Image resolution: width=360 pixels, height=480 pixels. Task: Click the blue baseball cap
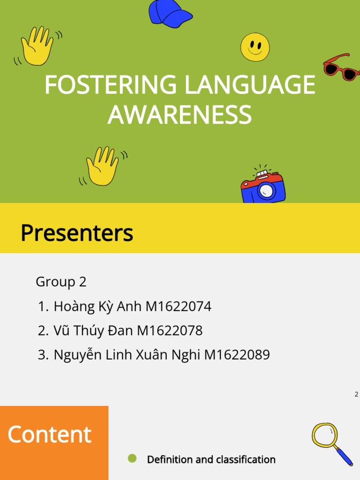pyautogui.click(x=170, y=13)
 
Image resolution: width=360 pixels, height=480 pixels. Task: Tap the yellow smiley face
pyautogui.click(x=255, y=47)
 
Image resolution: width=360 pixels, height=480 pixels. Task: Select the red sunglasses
pyautogui.click(x=341, y=67)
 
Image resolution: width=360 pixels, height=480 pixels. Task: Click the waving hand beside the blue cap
pyautogui.click(x=37, y=45)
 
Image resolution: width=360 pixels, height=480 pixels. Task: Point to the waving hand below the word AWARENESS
pyautogui.click(x=102, y=166)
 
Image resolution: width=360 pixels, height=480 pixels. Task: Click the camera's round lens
pyautogui.click(x=266, y=190)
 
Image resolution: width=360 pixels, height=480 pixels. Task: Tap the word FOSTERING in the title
pyautogui.click(x=111, y=85)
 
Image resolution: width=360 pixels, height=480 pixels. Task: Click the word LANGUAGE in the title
pyautogui.click(x=249, y=85)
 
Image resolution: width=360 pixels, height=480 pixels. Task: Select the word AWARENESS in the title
pyautogui.click(x=180, y=115)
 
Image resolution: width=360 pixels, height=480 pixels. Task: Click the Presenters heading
pyautogui.click(x=77, y=233)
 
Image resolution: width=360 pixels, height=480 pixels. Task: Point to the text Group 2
pyautogui.click(x=61, y=282)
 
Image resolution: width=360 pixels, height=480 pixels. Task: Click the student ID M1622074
pyautogui.click(x=178, y=307)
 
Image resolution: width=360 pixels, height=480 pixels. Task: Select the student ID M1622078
pyautogui.click(x=170, y=330)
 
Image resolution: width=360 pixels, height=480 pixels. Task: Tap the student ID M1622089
pyautogui.click(x=237, y=355)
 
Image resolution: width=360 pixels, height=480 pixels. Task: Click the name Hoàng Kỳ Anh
pyautogui.click(x=97, y=307)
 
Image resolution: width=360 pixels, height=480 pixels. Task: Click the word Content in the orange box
pyautogui.click(x=49, y=435)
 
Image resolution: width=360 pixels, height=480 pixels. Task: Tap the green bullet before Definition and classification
pyautogui.click(x=132, y=458)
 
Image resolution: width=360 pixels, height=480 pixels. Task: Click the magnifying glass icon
pyautogui.click(x=331, y=443)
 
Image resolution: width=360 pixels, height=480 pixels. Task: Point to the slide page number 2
pyautogui.click(x=356, y=394)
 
